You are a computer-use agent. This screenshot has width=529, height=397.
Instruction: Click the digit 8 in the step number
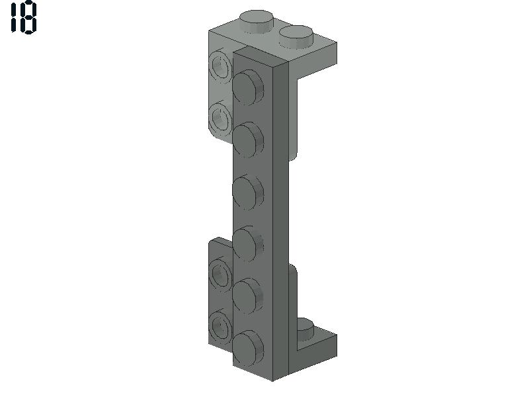pos(29,17)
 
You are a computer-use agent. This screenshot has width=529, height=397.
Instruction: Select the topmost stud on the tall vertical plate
pos(248,87)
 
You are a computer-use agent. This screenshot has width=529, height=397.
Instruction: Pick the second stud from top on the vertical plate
pos(248,140)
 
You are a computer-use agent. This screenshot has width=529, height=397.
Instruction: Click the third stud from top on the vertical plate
pos(248,191)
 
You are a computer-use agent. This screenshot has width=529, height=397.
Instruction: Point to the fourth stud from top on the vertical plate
pos(248,243)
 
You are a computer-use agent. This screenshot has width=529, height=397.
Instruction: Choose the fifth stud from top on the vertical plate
pos(248,296)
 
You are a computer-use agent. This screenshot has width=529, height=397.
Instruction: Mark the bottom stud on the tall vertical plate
pos(248,349)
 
